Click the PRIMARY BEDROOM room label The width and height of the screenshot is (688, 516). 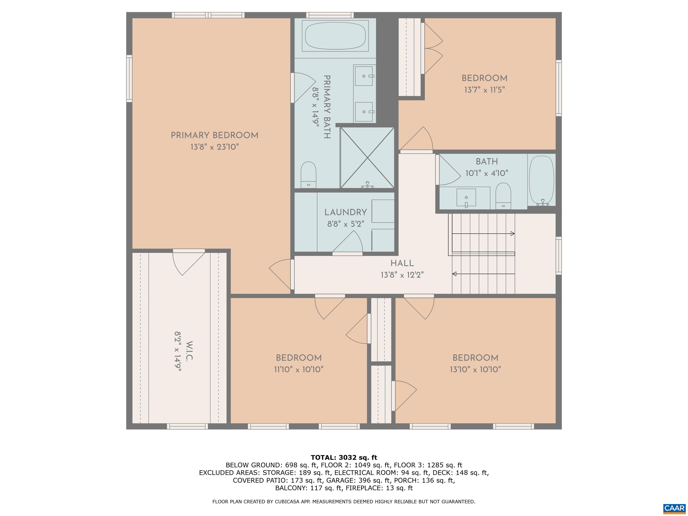[x=214, y=135]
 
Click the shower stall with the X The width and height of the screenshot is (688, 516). [x=367, y=158]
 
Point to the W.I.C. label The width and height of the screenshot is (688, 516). [x=189, y=350]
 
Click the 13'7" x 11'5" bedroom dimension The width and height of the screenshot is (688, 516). [x=484, y=90]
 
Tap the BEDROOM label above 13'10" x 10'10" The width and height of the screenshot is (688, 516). [x=475, y=358]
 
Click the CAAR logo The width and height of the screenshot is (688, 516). [x=674, y=509]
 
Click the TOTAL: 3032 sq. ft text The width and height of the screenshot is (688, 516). [x=344, y=458]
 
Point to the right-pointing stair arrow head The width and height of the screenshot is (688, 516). [x=513, y=234]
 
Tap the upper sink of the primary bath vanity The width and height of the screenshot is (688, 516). [x=363, y=75]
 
